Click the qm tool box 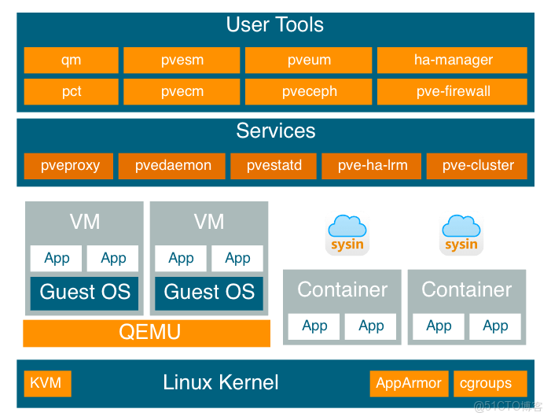[71, 60]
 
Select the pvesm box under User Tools [182, 60]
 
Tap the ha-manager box [453, 60]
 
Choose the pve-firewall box [453, 91]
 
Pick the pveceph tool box [309, 91]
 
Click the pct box [71, 91]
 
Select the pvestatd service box [274, 165]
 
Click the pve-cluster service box [477, 165]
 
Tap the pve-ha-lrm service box [373, 165]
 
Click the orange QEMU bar [147, 333]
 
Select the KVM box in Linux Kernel [46, 383]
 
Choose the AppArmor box [409, 383]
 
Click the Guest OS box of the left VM [85, 293]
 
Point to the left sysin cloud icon [347, 233]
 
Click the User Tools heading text [274, 24]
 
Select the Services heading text [275, 131]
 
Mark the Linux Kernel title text [220, 383]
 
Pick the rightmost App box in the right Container [495, 326]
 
